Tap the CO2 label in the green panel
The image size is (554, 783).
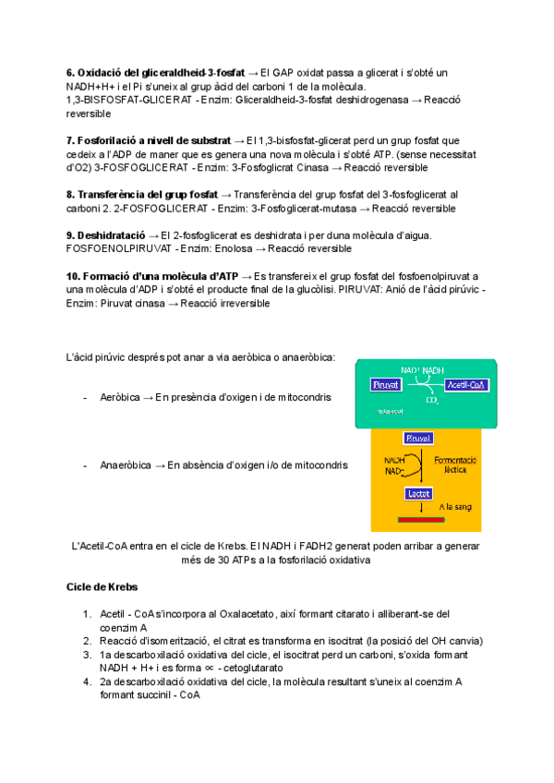coord(431,401)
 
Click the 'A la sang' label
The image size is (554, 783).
coord(456,506)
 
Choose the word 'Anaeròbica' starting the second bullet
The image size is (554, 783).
coord(125,465)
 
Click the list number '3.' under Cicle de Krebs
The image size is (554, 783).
coord(86,655)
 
